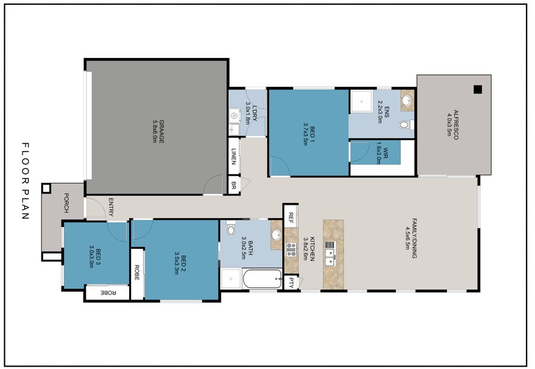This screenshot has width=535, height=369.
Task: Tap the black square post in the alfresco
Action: coord(478,89)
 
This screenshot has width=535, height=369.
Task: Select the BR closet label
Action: coord(233,185)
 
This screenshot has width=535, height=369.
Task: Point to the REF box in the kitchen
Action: coord(291,217)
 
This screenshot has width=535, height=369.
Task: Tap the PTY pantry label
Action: coord(291,282)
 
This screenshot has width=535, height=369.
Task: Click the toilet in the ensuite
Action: coord(405,125)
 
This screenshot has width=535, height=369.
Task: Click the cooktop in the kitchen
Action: coord(291,249)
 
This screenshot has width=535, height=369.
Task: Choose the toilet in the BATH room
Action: coord(230,229)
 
